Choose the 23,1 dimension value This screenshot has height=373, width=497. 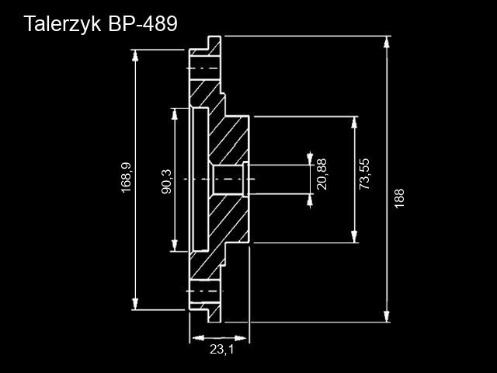tap(221, 350)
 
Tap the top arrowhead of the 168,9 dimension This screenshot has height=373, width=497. tap(137, 57)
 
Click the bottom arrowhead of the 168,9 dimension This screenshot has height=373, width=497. tap(137, 304)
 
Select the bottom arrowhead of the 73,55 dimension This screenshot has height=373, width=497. tap(355, 236)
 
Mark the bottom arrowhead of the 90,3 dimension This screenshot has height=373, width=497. tap(175, 246)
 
